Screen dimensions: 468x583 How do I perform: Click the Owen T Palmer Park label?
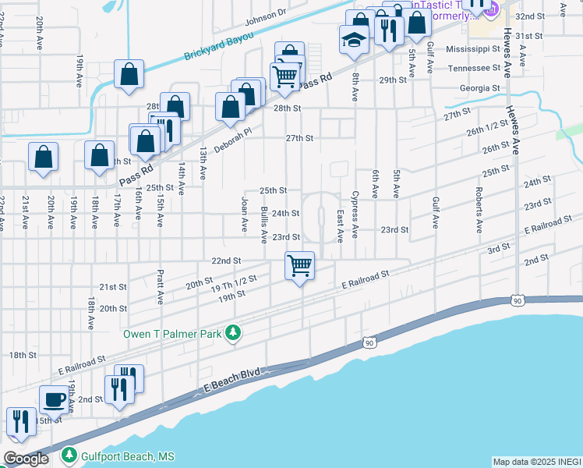(x=172, y=334)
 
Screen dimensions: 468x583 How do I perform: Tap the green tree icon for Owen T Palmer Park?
(x=232, y=334)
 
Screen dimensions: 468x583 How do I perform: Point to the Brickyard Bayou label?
(x=215, y=50)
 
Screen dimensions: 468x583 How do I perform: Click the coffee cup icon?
(x=54, y=399)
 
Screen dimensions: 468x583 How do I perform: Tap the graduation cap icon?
(x=354, y=38)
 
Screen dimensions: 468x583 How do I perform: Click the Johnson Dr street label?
(x=266, y=16)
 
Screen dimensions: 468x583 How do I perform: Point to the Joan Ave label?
(x=245, y=214)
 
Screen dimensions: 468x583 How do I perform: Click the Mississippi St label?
(x=472, y=48)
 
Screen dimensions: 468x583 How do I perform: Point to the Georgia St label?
(x=479, y=88)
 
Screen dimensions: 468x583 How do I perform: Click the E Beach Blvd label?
(x=232, y=382)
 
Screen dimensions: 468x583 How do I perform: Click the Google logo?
(x=26, y=459)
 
